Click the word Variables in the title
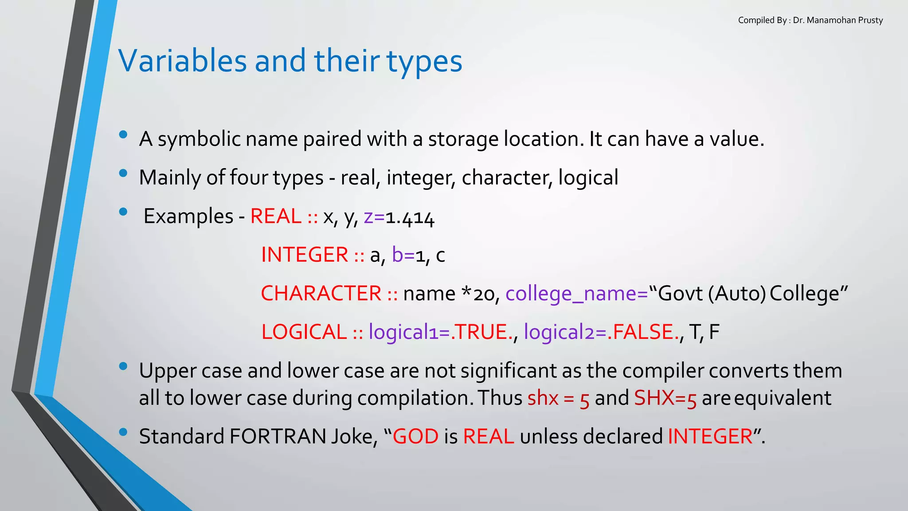coord(182,61)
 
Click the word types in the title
coord(424,62)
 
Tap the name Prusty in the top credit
coord(870,20)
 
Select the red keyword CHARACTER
coord(321,294)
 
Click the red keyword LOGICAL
coord(304,332)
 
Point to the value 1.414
coord(410,218)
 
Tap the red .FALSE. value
coord(643,332)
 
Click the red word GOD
coord(415,436)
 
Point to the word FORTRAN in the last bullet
coord(278,436)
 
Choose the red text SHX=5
coord(665,398)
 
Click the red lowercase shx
coord(543,398)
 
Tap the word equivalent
coord(783,398)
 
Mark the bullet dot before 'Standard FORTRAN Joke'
coord(123,432)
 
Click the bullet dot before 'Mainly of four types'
coord(123,173)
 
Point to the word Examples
coord(188,216)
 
